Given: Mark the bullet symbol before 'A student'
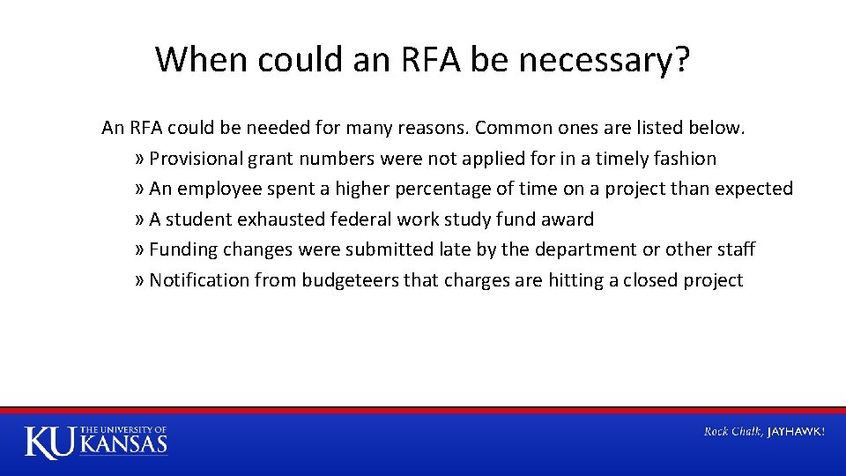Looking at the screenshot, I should pyautogui.click(x=141, y=219).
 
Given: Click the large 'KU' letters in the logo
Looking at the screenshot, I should pyautogui.click(x=50, y=442).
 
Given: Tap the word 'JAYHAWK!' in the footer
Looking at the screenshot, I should pyautogui.click(x=796, y=432).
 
